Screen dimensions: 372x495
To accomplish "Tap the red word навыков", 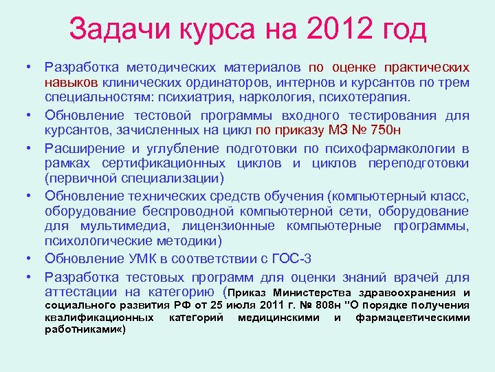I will [70, 83].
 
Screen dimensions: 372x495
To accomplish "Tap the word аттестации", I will [84, 291].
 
